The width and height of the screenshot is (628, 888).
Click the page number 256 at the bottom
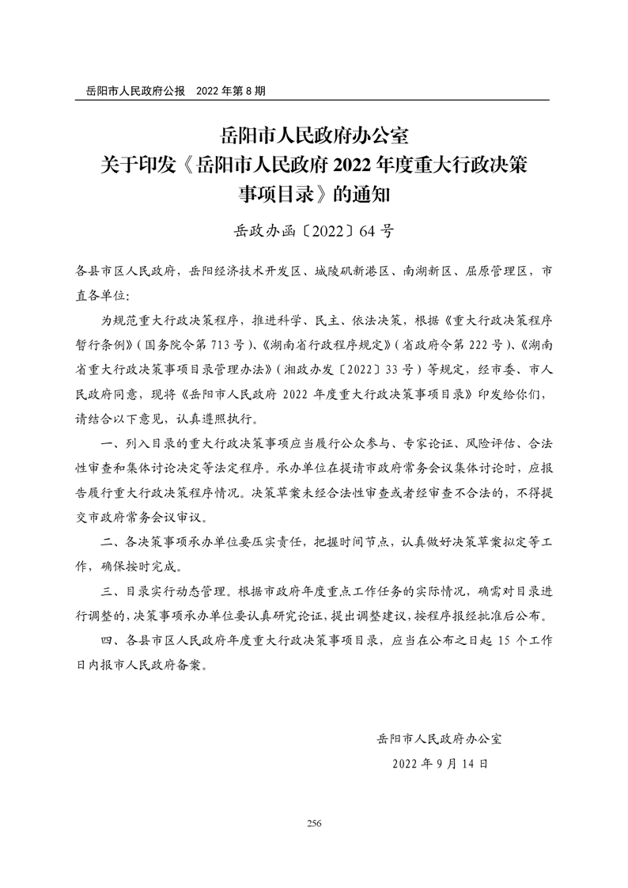pyautogui.click(x=314, y=823)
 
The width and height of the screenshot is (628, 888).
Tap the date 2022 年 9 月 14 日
pyautogui.click(x=441, y=765)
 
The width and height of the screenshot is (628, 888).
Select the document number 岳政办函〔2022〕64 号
pyautogui.click(x=314, y=231)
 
